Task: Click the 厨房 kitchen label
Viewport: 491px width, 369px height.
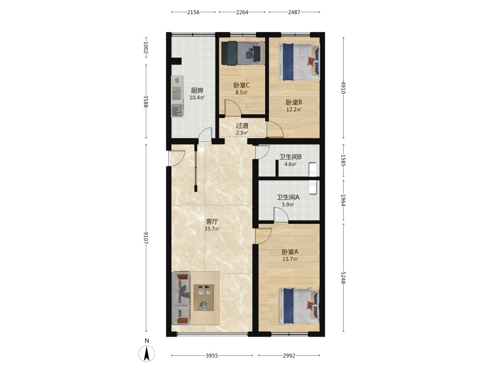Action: point(197,91)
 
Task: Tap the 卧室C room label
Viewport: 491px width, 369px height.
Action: point(242,85)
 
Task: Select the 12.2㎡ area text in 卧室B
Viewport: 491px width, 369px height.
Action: point(294,110)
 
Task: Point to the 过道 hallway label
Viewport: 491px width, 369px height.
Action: point(242,126)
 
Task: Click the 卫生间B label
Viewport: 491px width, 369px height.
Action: point(290,157)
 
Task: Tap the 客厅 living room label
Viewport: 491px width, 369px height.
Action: point(212,221)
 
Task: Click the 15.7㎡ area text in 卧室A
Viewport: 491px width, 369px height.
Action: point(290,259)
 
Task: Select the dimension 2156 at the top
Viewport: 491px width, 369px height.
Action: point(193,12)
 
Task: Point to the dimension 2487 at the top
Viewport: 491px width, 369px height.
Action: point(294,12)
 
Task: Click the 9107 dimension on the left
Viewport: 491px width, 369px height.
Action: point(146,238)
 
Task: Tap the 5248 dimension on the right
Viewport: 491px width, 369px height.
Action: point(343,277)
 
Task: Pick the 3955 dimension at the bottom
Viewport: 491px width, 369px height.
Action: point(212,356)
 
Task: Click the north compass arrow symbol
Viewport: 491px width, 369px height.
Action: point(146,353)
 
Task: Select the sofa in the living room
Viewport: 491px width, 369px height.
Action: point(181,298)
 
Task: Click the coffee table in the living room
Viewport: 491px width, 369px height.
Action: point(204,298)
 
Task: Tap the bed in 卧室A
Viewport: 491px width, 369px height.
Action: point(299,306)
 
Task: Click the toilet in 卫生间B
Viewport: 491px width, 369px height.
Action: point(313,169)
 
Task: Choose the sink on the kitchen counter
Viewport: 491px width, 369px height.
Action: point(177,111)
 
